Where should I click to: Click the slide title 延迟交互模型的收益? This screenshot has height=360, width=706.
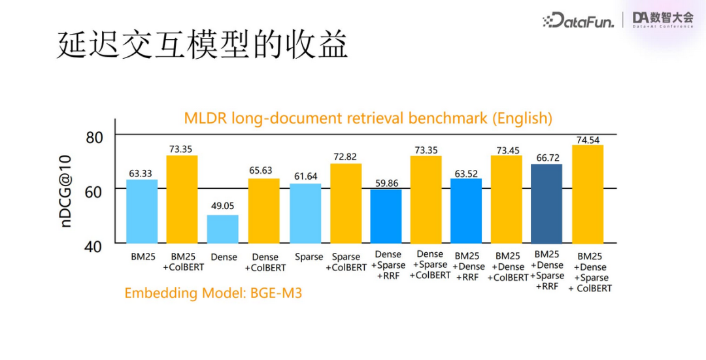(203, 45)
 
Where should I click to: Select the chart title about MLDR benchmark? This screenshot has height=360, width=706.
(368, 118)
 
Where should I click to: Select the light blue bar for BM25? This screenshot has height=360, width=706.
(142, 211)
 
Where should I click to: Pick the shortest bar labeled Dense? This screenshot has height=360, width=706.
(223, 229)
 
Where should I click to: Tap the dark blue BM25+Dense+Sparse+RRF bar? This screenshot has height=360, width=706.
(546, 203)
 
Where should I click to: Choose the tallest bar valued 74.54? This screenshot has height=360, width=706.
(587, 194)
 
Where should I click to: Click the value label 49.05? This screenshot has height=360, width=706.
(223, 206)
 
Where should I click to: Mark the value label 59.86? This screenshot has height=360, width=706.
(386, 183)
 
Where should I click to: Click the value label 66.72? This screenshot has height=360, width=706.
(546, 157)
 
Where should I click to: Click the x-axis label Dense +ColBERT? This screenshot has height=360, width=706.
(265, 262)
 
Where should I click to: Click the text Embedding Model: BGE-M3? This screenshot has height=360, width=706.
(213, 293)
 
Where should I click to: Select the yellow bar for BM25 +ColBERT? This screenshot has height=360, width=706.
(182, 199)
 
